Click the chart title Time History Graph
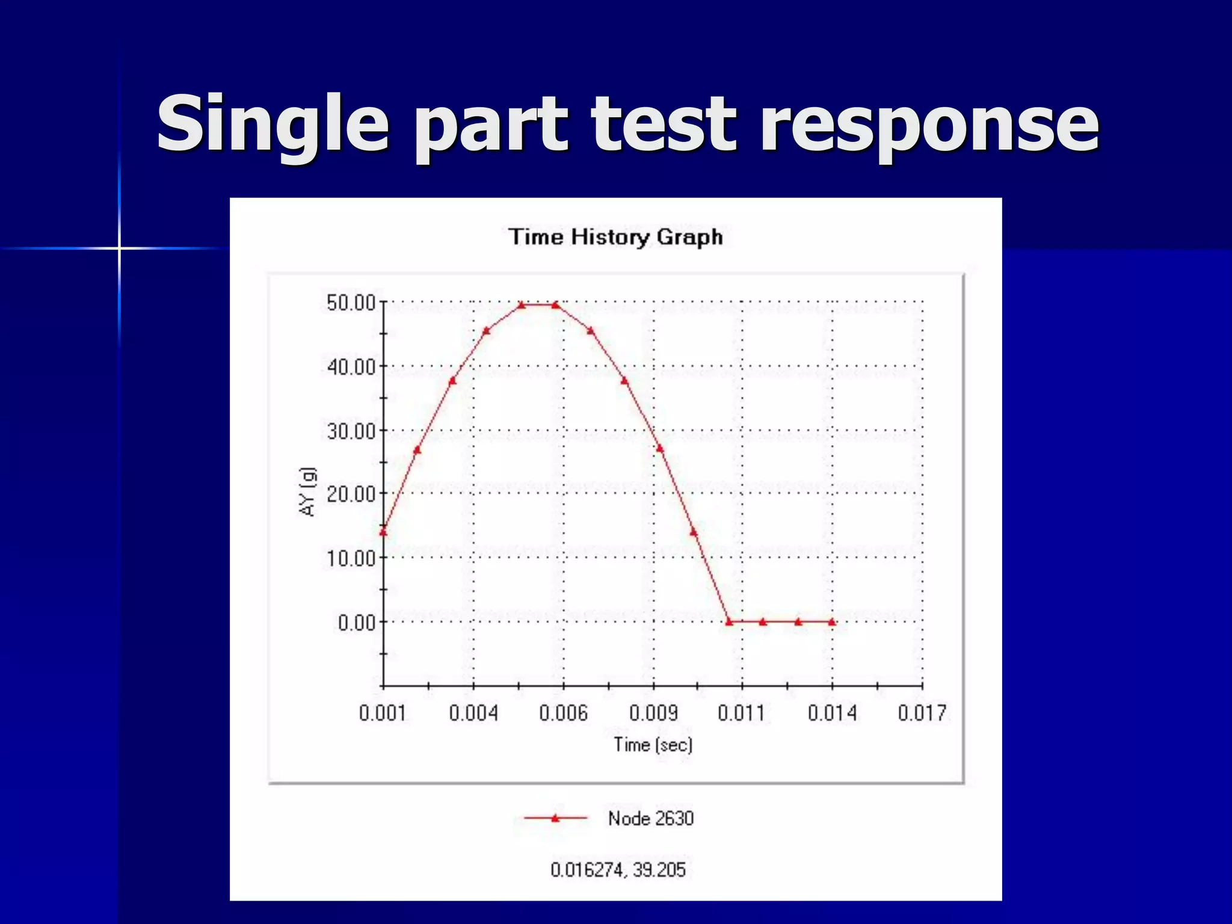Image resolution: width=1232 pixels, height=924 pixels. point(615,236)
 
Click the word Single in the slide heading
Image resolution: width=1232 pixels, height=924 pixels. point(274,124)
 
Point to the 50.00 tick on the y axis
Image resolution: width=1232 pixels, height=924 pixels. point(351,303)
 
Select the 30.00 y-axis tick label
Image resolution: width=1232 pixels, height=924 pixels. point(351,431)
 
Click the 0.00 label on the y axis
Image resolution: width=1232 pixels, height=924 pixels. point(357,623)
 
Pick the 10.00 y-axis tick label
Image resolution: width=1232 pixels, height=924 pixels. point(351,558)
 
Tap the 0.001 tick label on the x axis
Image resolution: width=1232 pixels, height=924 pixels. point(383,713)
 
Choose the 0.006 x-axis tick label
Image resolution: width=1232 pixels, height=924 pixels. point(563,713)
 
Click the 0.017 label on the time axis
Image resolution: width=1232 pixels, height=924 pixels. point(922,713)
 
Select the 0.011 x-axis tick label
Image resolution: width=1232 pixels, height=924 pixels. point(742,713)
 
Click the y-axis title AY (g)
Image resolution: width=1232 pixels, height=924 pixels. point(307,491)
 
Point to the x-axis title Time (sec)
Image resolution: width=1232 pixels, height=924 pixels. point(653,745)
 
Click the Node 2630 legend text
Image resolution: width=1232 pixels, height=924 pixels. point(651,818)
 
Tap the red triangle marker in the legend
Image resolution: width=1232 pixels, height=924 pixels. point(555,818)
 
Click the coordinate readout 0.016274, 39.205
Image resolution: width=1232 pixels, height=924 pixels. point(618,870)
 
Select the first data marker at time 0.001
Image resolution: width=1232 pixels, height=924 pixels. point(383,532)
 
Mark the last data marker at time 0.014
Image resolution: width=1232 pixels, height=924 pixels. point(832,622)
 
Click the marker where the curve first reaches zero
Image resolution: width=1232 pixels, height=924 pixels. point(729,622)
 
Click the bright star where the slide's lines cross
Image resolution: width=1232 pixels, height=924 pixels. point(119,248)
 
